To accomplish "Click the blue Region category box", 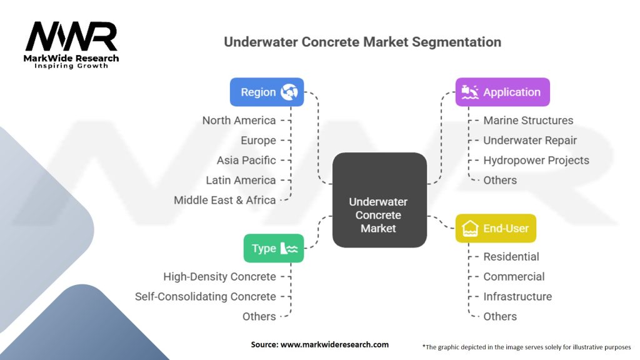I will pyautogui.click(x=267, y=92).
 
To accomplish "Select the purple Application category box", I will pyautogui.click(x=502, y=92).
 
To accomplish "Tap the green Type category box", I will pyautogui.click(x=274, y=248).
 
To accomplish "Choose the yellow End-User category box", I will pyautogui.click(x=496, y=228).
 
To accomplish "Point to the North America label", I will pyautogui.click(x=239, y=120).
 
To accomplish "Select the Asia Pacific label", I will pyautogui.click(x=246, y=160).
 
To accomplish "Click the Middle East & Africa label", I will pyautogui.click(x=224, y=200).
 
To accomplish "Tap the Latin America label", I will pyautogui.click(x=241, y=180).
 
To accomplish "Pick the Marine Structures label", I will pyautogui.click(x=528, y=120).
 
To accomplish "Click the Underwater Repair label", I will pyautogui.click(x=530, y=140).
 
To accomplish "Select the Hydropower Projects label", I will pyautogui.click(x=536, y=160).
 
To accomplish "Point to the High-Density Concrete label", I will pyautogui.click(x=219, y=276).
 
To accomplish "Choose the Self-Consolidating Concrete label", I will pyautogui.click(x=206, y=296).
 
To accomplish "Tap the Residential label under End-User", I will pyautogui.click(x=511, y=256).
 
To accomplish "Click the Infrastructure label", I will pyautogui.click(x=517, y=296).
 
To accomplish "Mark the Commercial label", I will pyautogui.click(x=514, y=276).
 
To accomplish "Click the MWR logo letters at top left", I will pyautogui.click(x=71, y=37).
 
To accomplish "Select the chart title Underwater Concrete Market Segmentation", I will pyautogui.click(x=362, y=42).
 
